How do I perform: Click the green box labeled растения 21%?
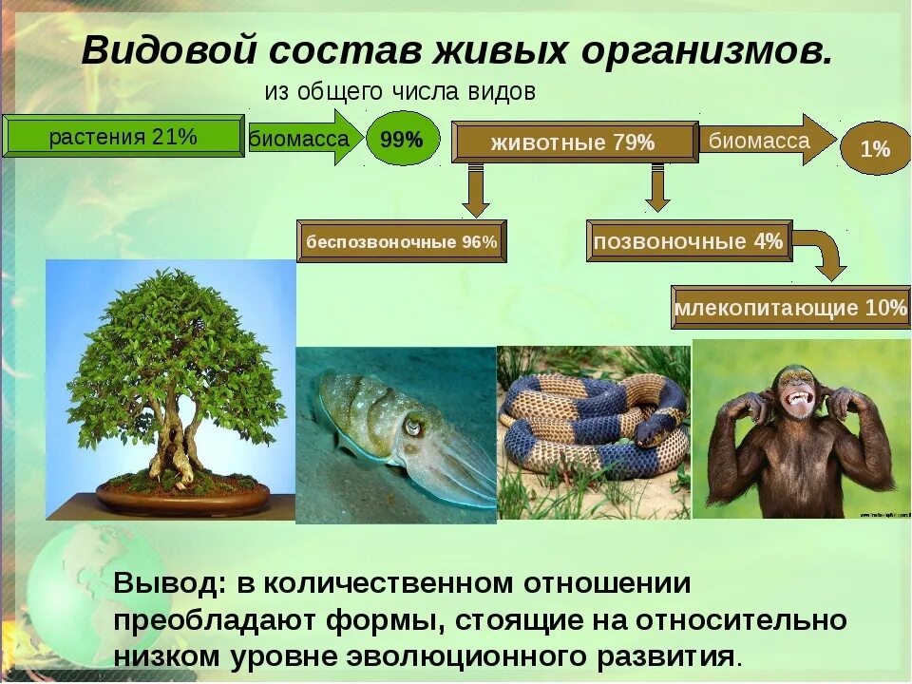click(123, 136)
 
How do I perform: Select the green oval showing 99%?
click(403, 139)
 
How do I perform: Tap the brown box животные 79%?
click(575, 142)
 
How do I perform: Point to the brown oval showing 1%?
click(875, 149)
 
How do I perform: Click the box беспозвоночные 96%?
click(401, 241)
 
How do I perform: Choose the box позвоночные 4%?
click(690, 240)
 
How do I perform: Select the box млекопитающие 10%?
click(790, 308)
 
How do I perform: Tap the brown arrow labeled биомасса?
click(767, 141)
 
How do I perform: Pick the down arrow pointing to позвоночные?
click(657, 188)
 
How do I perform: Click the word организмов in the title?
click(707, 50)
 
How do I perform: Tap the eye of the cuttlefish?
click(412, 427)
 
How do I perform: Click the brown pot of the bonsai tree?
click(182, 497)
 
